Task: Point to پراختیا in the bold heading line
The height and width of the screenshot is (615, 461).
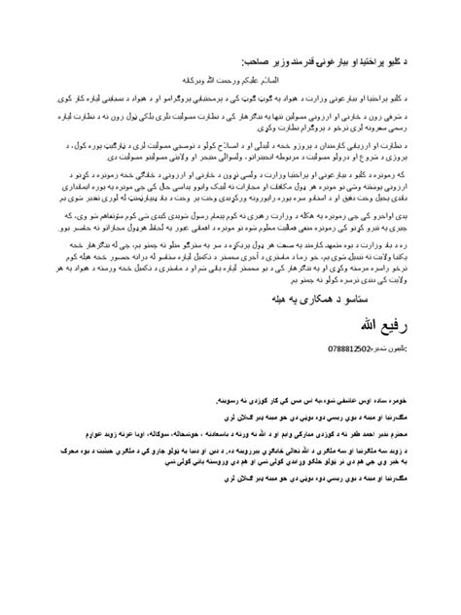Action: click(384, 60)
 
